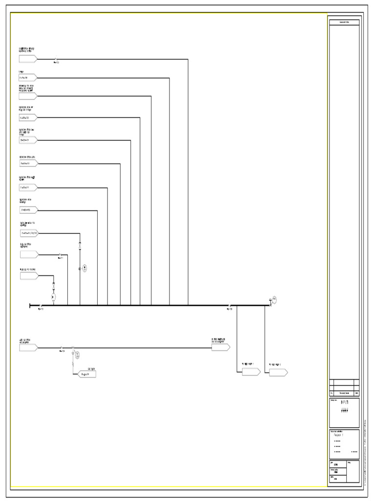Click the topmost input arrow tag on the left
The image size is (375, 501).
28,59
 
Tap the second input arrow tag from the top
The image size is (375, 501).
28,77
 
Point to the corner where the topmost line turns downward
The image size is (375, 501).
188,59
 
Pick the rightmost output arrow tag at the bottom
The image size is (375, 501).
278,372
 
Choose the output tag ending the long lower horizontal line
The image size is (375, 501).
220,347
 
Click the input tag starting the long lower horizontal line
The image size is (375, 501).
28,347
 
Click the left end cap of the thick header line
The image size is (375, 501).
30,305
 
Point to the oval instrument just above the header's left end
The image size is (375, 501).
54,296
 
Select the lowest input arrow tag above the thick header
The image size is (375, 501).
28,275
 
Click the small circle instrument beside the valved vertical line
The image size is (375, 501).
84,268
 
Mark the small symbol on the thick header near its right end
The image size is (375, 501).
229,305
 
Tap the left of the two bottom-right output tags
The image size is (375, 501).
251,372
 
